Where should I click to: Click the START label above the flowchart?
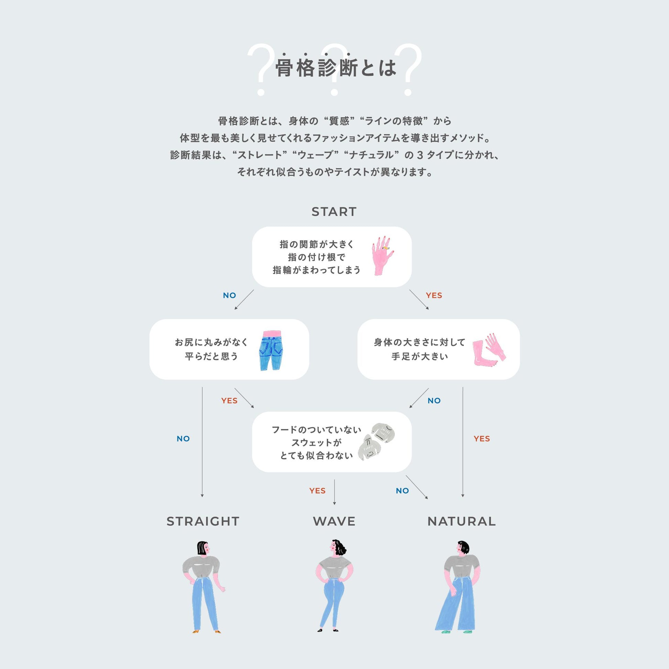click(x=334, y=211)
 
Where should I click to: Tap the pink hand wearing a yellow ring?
click(x=383, y=256)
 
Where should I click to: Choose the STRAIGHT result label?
click(x=203, y=521)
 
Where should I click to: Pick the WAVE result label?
click(x=334, y=521)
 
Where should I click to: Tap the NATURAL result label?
click(x=462, y=521)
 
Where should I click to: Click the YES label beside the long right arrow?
click(x=482, y=439)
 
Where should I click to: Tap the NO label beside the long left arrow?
click(x=183, y=439)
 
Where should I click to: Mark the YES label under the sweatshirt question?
click(x=318, y=491)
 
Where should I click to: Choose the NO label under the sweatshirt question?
click(x=402, y=491)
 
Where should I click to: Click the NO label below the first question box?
click(x=230, y=295)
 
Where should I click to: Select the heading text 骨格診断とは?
click(x=336, y=67)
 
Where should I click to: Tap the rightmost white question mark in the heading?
click(x=409, y=69)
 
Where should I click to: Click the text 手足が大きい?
click(x=420, y=356)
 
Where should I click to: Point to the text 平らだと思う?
click(x=211, y=356)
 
